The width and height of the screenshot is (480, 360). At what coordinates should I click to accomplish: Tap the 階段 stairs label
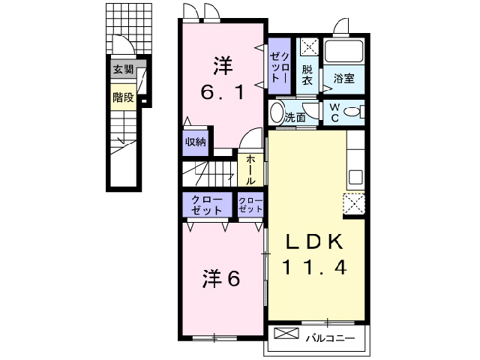point(123,97)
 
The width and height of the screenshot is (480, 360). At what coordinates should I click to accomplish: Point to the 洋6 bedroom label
point(220,278)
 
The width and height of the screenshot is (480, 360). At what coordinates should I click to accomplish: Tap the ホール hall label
point(250,170)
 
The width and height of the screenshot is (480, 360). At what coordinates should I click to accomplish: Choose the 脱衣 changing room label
point(307,74)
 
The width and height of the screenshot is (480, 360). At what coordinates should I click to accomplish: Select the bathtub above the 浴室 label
point(343,53)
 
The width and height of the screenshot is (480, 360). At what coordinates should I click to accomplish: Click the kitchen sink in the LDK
point(355,178)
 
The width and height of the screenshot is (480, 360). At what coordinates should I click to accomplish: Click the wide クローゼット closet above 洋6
point(206,205)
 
